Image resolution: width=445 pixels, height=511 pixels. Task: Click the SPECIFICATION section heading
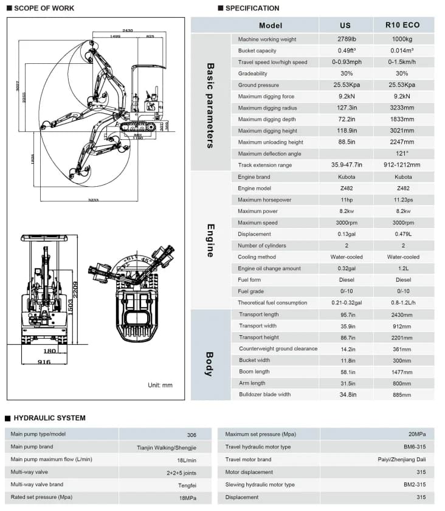click(x=252, y=9)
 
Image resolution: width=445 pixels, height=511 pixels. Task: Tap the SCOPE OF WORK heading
click(x=44, y=9)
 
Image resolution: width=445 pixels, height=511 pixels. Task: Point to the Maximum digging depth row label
click(x=267, y=119)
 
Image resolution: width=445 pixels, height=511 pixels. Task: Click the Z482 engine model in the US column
click(x=347, y=189)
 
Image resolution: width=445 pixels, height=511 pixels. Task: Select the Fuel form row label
click(x=249, y=280)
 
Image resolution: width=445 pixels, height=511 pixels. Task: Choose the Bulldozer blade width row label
click(x=264, y=395)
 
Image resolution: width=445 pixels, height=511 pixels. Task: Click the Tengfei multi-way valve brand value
click(x=187, y=485)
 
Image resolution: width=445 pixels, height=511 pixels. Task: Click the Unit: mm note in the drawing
click(x=160, y=385)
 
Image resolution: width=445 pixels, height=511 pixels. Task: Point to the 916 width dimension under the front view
click(x=44, y=362)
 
